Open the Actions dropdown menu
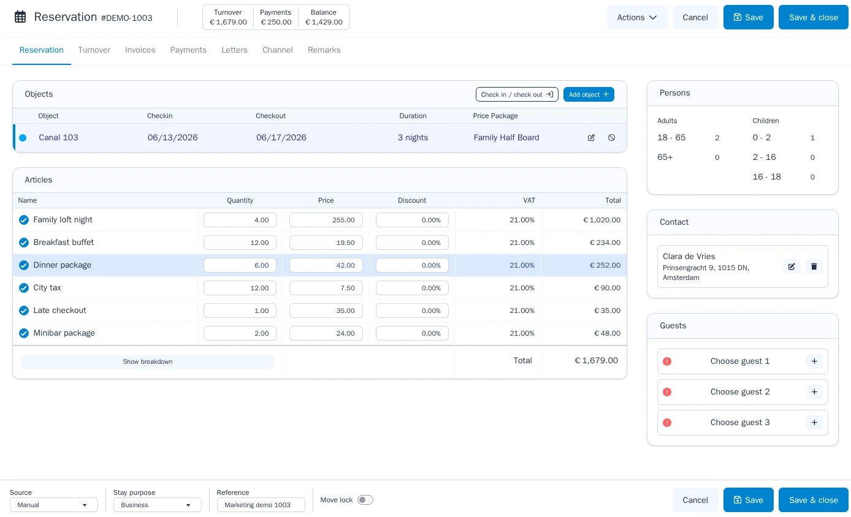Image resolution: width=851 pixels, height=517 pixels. click(x=637, y=18)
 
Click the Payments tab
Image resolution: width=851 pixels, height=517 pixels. click(x=188, y=50)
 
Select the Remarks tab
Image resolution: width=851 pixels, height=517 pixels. click(x=324, y=50)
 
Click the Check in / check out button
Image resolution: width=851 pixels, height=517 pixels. click(x=517, y=94)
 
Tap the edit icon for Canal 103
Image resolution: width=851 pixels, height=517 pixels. click(x=591, y=138)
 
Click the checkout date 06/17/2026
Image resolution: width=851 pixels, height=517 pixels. click(x=281, y=137)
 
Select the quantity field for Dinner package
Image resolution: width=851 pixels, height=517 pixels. click(x=240, y=265)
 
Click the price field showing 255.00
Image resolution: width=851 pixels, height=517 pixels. click(x=326, y=220)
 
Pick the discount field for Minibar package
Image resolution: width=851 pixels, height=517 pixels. click(x=412, y=333)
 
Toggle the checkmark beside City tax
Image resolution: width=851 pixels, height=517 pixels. click(x=23, y=288)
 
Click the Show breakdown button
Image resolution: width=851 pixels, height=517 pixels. click(x=147, y=362)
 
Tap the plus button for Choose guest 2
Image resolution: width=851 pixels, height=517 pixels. click(x=814, y=392)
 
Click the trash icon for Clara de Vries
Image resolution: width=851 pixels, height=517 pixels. click(x=814, y=266)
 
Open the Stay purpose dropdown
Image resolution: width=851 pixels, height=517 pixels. click(x=158, y=505)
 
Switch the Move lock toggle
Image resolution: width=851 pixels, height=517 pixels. click(x=365, y=500)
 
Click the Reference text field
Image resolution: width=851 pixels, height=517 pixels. click(x=261, y=505)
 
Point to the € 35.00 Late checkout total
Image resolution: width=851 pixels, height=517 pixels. click(x=607, y=311)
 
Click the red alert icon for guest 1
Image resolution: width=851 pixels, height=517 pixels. click(x=666, y=361)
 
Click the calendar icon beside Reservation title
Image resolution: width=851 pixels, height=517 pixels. click(x=20, y=17)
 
